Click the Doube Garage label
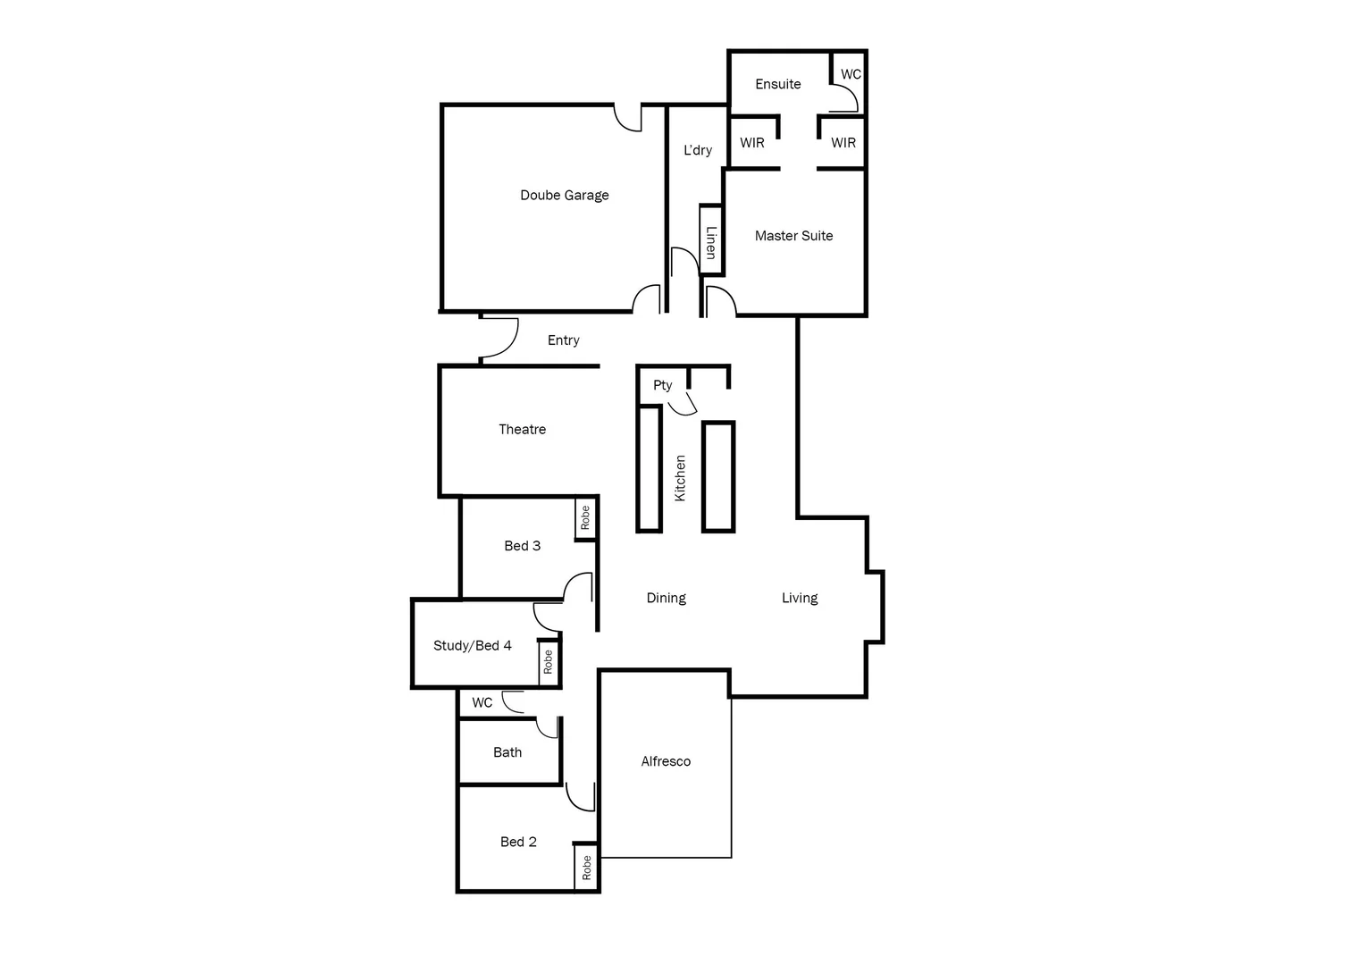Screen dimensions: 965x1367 click(564, 195)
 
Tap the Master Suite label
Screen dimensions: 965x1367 click(793, 236)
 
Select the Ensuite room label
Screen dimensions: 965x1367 click(777, 84)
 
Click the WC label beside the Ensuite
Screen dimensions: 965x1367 click(851, 74)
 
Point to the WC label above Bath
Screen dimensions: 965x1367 click(482, 703)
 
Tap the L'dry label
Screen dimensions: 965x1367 click(698, 150)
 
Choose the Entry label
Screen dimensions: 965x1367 click(563, 340)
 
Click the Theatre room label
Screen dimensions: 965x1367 click(522, 430)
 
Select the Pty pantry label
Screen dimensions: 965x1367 click(662, 385)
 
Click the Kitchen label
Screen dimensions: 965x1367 click(680, 478)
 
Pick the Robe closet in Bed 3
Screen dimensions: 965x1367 click(585, 518)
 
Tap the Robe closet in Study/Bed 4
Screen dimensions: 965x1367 click(548, 662)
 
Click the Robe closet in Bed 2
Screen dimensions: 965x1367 click(586, 867)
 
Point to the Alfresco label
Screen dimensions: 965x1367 click(666, 761)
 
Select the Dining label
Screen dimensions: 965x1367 click(666, 598)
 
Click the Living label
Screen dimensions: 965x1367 click(800, 598)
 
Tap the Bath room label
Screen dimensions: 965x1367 click(507, 752)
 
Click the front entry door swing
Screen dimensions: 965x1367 click(499, 340)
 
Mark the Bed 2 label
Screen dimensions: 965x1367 click(518, 842)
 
